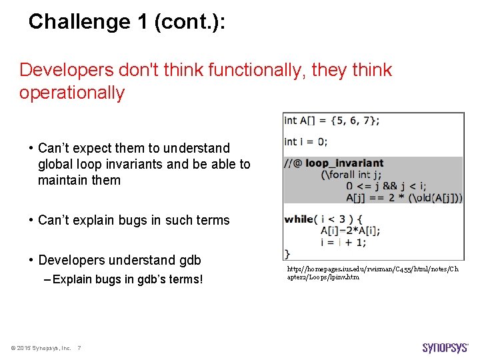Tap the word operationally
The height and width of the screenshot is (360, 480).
[x=72, y=93]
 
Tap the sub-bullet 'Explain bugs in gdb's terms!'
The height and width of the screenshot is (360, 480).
[x=127, y=279]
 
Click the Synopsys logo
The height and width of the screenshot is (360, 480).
[x=445, y=347]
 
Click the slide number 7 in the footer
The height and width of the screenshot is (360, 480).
[x=79, y=348]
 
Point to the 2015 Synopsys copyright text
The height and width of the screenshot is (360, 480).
[x=41, y=348]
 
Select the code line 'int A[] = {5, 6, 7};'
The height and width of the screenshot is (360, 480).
[x=331, y=121]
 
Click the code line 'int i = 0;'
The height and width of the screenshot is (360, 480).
[x=305, y=141]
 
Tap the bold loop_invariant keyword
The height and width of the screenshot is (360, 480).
[x=345, y=163]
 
